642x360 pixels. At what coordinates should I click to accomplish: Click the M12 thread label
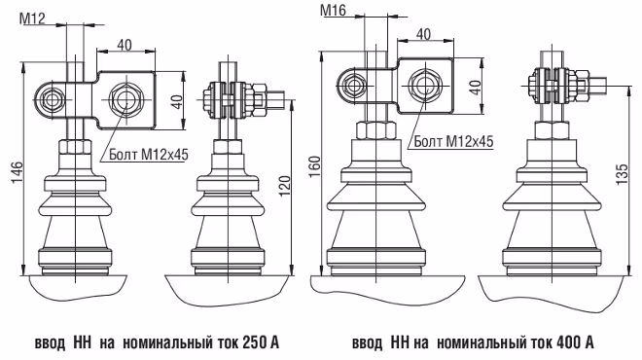click(32, 18)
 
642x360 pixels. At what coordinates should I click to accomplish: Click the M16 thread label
click(333, 10)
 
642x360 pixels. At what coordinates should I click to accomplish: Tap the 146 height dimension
click(17, 172)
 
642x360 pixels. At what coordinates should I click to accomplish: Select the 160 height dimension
click(314, 166)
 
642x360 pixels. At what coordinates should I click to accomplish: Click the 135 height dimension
click(622, 174)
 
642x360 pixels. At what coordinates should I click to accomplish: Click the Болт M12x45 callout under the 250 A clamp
click(149, 155)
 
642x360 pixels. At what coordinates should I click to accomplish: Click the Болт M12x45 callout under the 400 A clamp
click(453, 142)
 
